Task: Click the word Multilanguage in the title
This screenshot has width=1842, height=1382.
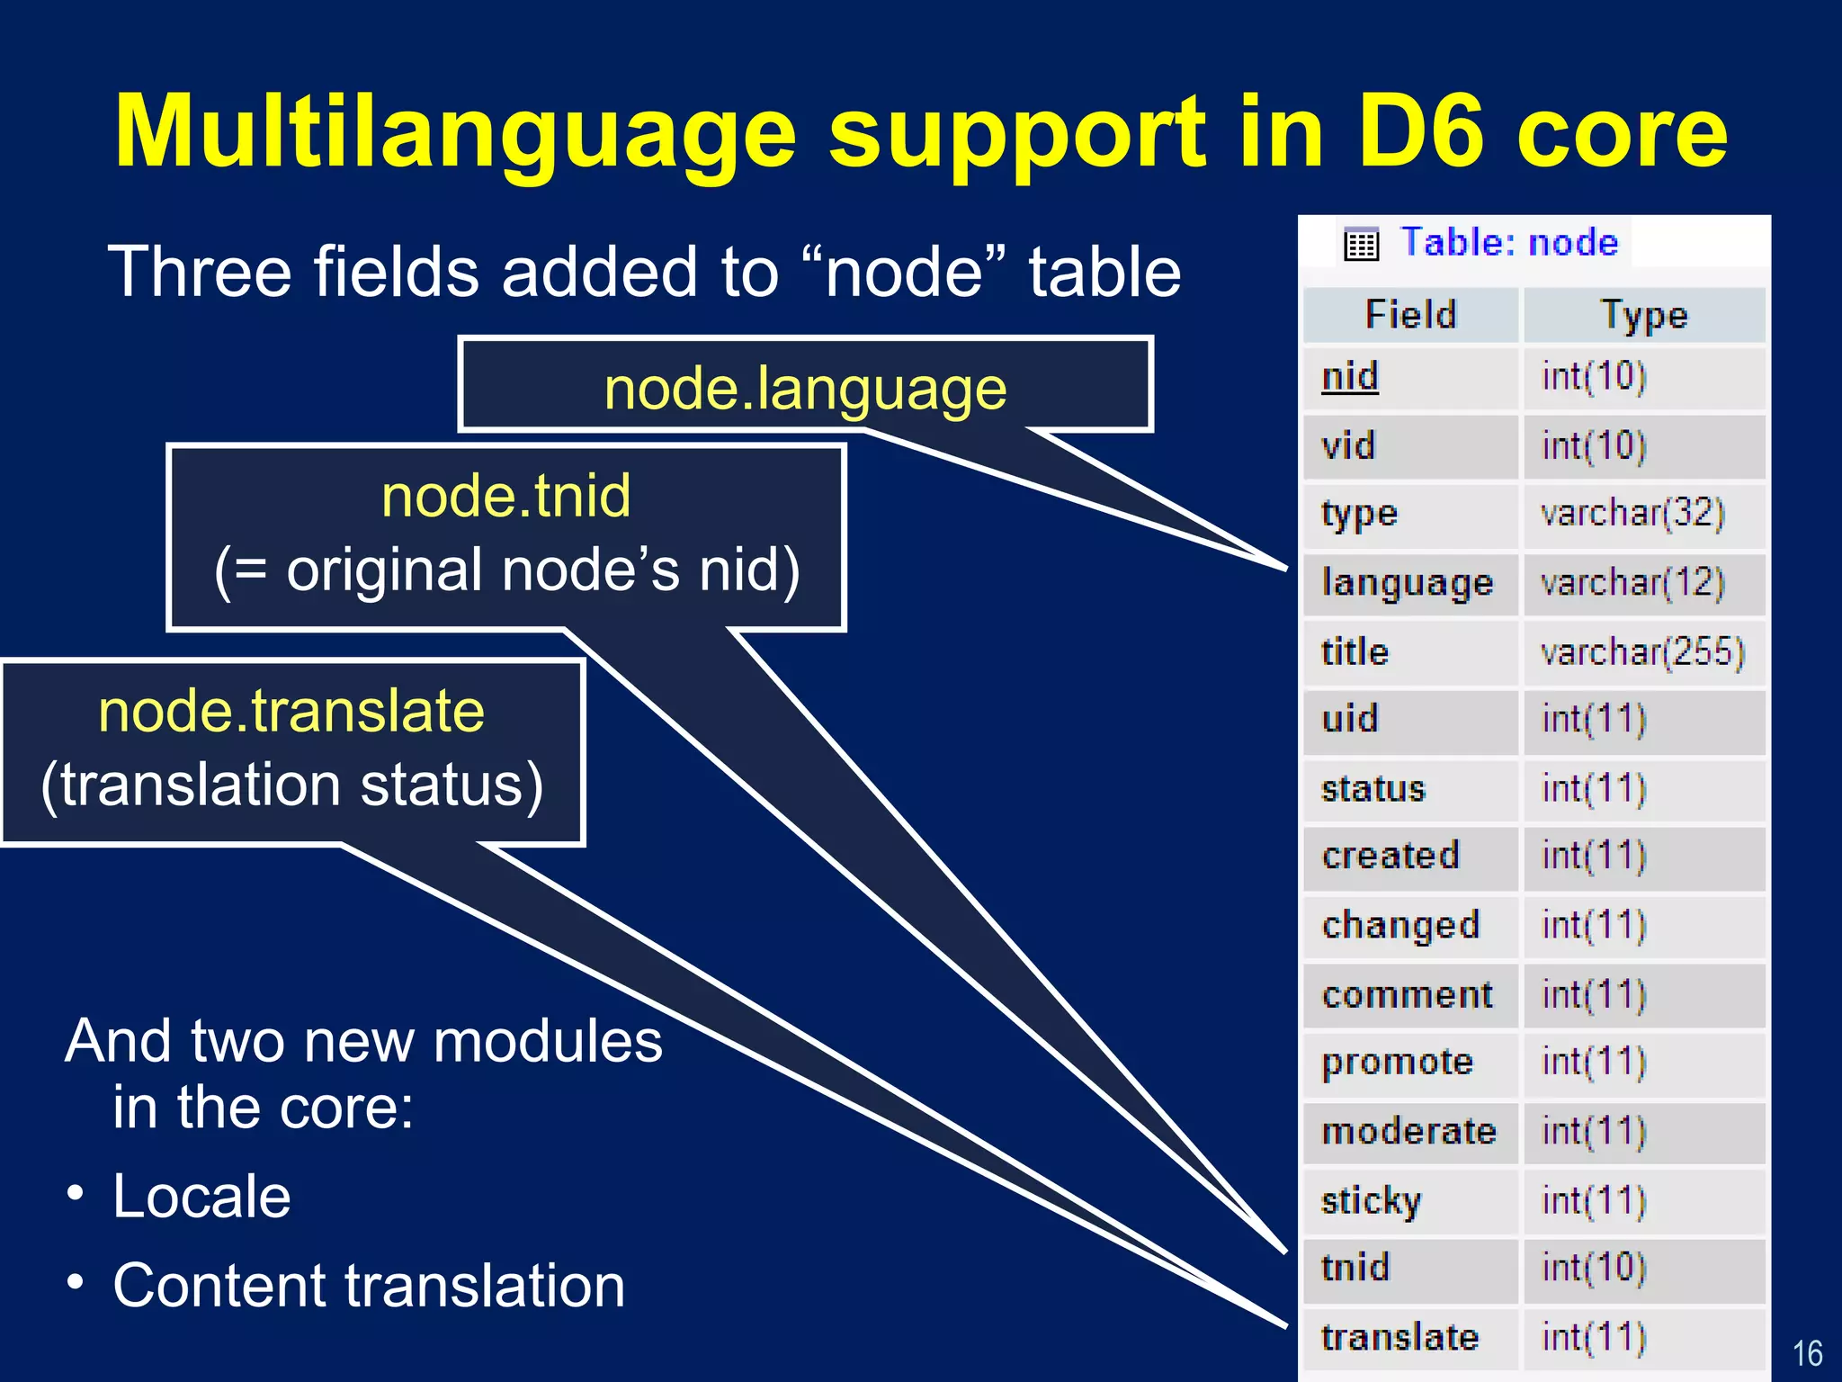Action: [x=455, y=133]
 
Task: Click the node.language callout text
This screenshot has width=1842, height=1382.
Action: [x=805, y=389]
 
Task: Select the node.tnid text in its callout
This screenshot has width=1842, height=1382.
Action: [x=505, y=496]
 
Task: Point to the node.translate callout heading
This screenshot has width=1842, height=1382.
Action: [x=291, y=711]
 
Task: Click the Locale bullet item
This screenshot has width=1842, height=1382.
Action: [x=201, y=1196]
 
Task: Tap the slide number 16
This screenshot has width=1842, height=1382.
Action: [x=1807, y=1353]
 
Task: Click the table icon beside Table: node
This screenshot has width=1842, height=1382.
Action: [x=1361, y=244]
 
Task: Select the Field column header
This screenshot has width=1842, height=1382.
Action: [x=1410, y=315]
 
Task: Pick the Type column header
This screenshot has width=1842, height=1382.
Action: [x=1644, y=315]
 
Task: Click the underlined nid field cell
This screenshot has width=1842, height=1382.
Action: [x=1349, y=376]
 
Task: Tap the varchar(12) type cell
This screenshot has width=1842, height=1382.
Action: [x=1632, y=583]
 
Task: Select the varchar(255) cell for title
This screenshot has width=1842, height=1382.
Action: [x=1641, y=651]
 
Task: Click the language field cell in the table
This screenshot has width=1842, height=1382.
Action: [x=1407, y=583]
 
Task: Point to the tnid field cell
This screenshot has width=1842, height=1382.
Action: [x=1355, y=1268]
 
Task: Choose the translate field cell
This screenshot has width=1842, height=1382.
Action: [x=1399, y=1337]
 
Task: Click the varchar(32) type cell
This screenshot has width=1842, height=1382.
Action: [x=1632, y=513]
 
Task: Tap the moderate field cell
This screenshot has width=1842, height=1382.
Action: [x=1408, y=1131]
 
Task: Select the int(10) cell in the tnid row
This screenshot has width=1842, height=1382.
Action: [x=1593, y=1268]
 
